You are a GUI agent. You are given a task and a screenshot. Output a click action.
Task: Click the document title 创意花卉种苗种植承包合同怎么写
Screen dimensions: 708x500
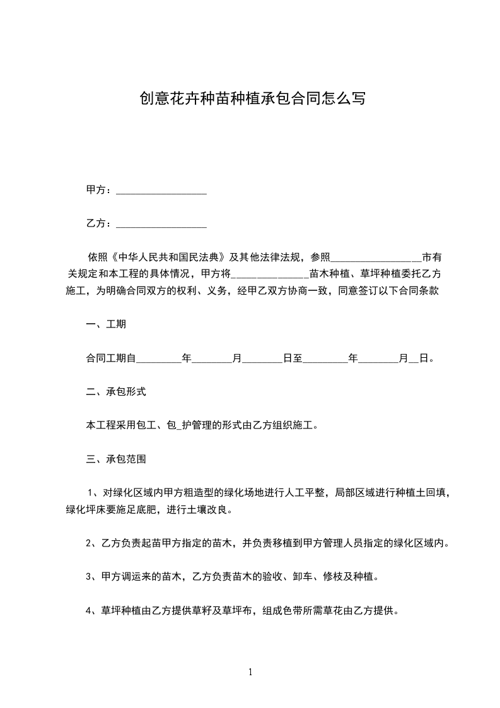point(252,98)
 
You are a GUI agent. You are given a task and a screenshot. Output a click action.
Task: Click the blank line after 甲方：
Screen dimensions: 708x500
point(161,191)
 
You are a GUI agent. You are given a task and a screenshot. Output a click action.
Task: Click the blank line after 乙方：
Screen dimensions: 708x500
point(161,224)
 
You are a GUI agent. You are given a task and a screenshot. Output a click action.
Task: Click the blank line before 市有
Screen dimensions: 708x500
point(376,257)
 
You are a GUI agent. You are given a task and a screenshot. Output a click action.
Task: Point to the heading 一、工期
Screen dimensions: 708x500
point(106,325)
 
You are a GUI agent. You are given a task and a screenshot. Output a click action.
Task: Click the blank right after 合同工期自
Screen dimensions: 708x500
point(159,358)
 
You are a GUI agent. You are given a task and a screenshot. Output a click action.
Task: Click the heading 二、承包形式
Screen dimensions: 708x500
point(116,392)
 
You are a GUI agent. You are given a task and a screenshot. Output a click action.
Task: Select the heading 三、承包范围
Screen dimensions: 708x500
point(116,459)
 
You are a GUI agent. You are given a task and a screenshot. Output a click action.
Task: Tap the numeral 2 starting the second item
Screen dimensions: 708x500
point(89,543)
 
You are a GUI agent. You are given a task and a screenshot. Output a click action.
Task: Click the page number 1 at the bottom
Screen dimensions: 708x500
point(250,673)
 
